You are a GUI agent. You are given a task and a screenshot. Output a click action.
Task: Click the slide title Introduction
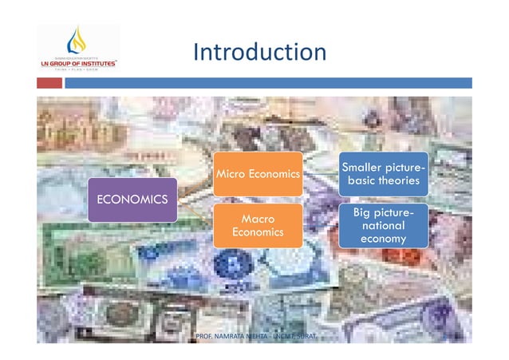click(259, 53)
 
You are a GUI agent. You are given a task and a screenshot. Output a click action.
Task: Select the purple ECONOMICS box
click(132, 199)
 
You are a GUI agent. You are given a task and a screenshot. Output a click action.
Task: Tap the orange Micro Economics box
click(257, 174)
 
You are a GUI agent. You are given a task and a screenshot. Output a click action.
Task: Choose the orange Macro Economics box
click(257, 225)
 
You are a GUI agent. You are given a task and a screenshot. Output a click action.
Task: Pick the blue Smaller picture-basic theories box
click(382, 174)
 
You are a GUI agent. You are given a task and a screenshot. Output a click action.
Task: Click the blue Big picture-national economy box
click(382, 225)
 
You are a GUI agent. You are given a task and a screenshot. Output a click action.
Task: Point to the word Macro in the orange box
click(257, 218)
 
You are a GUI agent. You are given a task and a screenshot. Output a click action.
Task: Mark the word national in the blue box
click(382, 226)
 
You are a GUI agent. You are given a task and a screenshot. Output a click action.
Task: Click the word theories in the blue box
click(399, 181)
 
